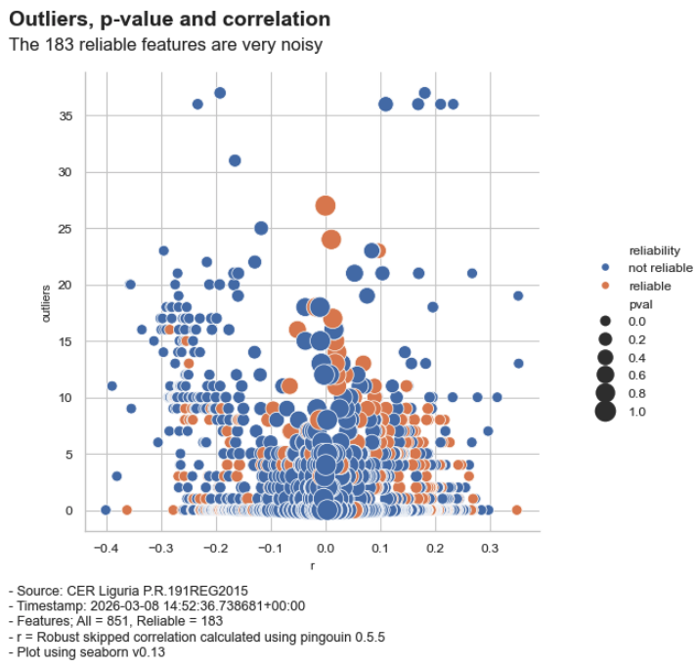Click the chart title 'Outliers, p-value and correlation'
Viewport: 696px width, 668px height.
click(169, 20)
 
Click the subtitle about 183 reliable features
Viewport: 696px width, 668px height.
click(165, 45)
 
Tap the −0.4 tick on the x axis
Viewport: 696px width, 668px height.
click(106, 549)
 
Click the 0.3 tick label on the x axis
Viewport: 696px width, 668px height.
click(490, 549)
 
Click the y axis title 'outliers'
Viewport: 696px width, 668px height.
click(46, 303)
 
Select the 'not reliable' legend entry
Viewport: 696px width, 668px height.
click(660, 268)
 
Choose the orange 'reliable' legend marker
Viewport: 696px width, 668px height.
click(606, 286)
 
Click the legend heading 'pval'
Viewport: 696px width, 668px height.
click(640, 304)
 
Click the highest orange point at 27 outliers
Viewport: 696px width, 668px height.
click(326, 205)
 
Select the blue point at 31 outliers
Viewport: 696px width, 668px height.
click(235, 160)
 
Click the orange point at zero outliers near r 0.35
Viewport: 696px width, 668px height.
click(517, 510)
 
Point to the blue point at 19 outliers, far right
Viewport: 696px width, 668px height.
click(518, 295)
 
